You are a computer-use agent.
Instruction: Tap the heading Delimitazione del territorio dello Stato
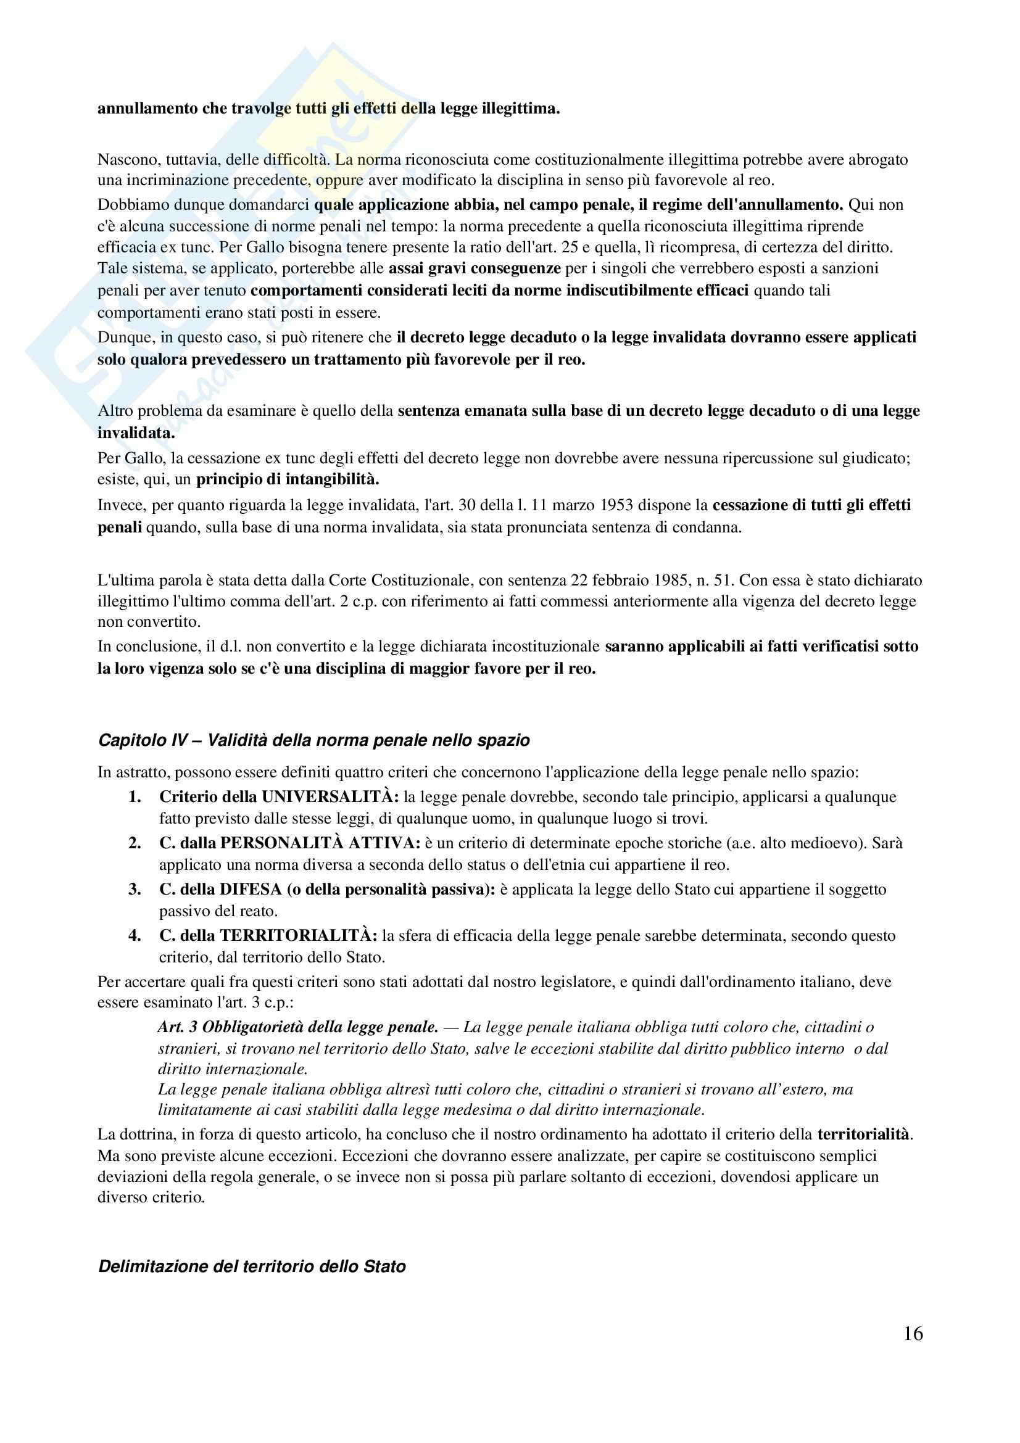(252, 1267)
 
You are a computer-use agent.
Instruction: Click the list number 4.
(135, 936)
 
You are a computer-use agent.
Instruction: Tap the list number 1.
(135, 797)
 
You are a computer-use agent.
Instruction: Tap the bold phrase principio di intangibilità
(287, 479)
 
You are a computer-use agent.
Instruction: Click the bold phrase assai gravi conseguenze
(475, 268)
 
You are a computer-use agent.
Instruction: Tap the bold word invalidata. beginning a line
(136, 433)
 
